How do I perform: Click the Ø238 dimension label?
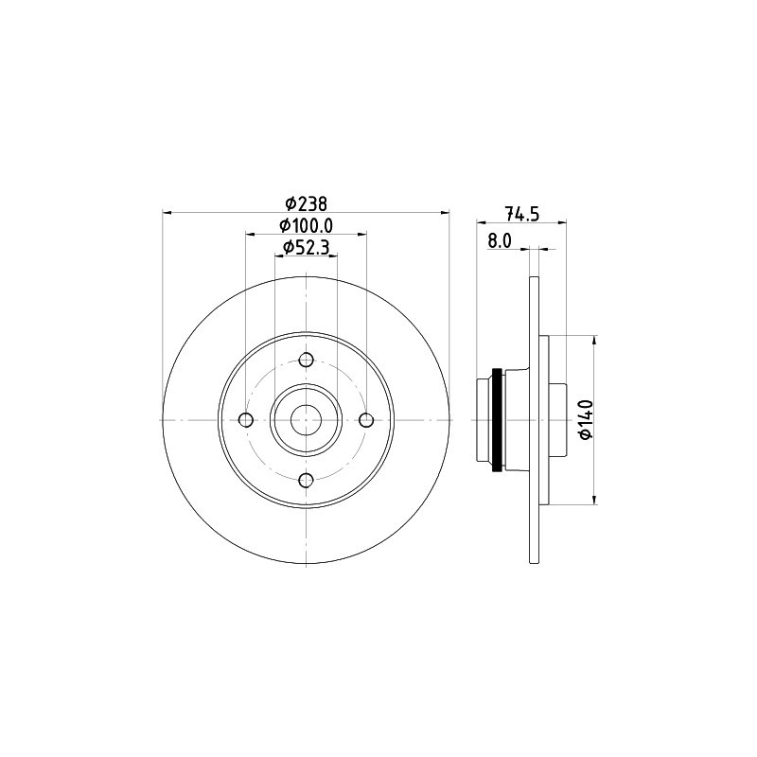[306, 204]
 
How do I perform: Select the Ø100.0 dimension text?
[306, 225]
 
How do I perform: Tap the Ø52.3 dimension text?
[306, 248]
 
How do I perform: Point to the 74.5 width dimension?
[521, 213]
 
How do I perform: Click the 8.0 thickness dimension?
[500, 240]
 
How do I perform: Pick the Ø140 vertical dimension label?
[586, 419]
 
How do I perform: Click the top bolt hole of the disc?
[306, 360]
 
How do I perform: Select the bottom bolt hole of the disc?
[306, 481]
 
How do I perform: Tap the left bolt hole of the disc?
[246, 420]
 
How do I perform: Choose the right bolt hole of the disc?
[366, 420]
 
